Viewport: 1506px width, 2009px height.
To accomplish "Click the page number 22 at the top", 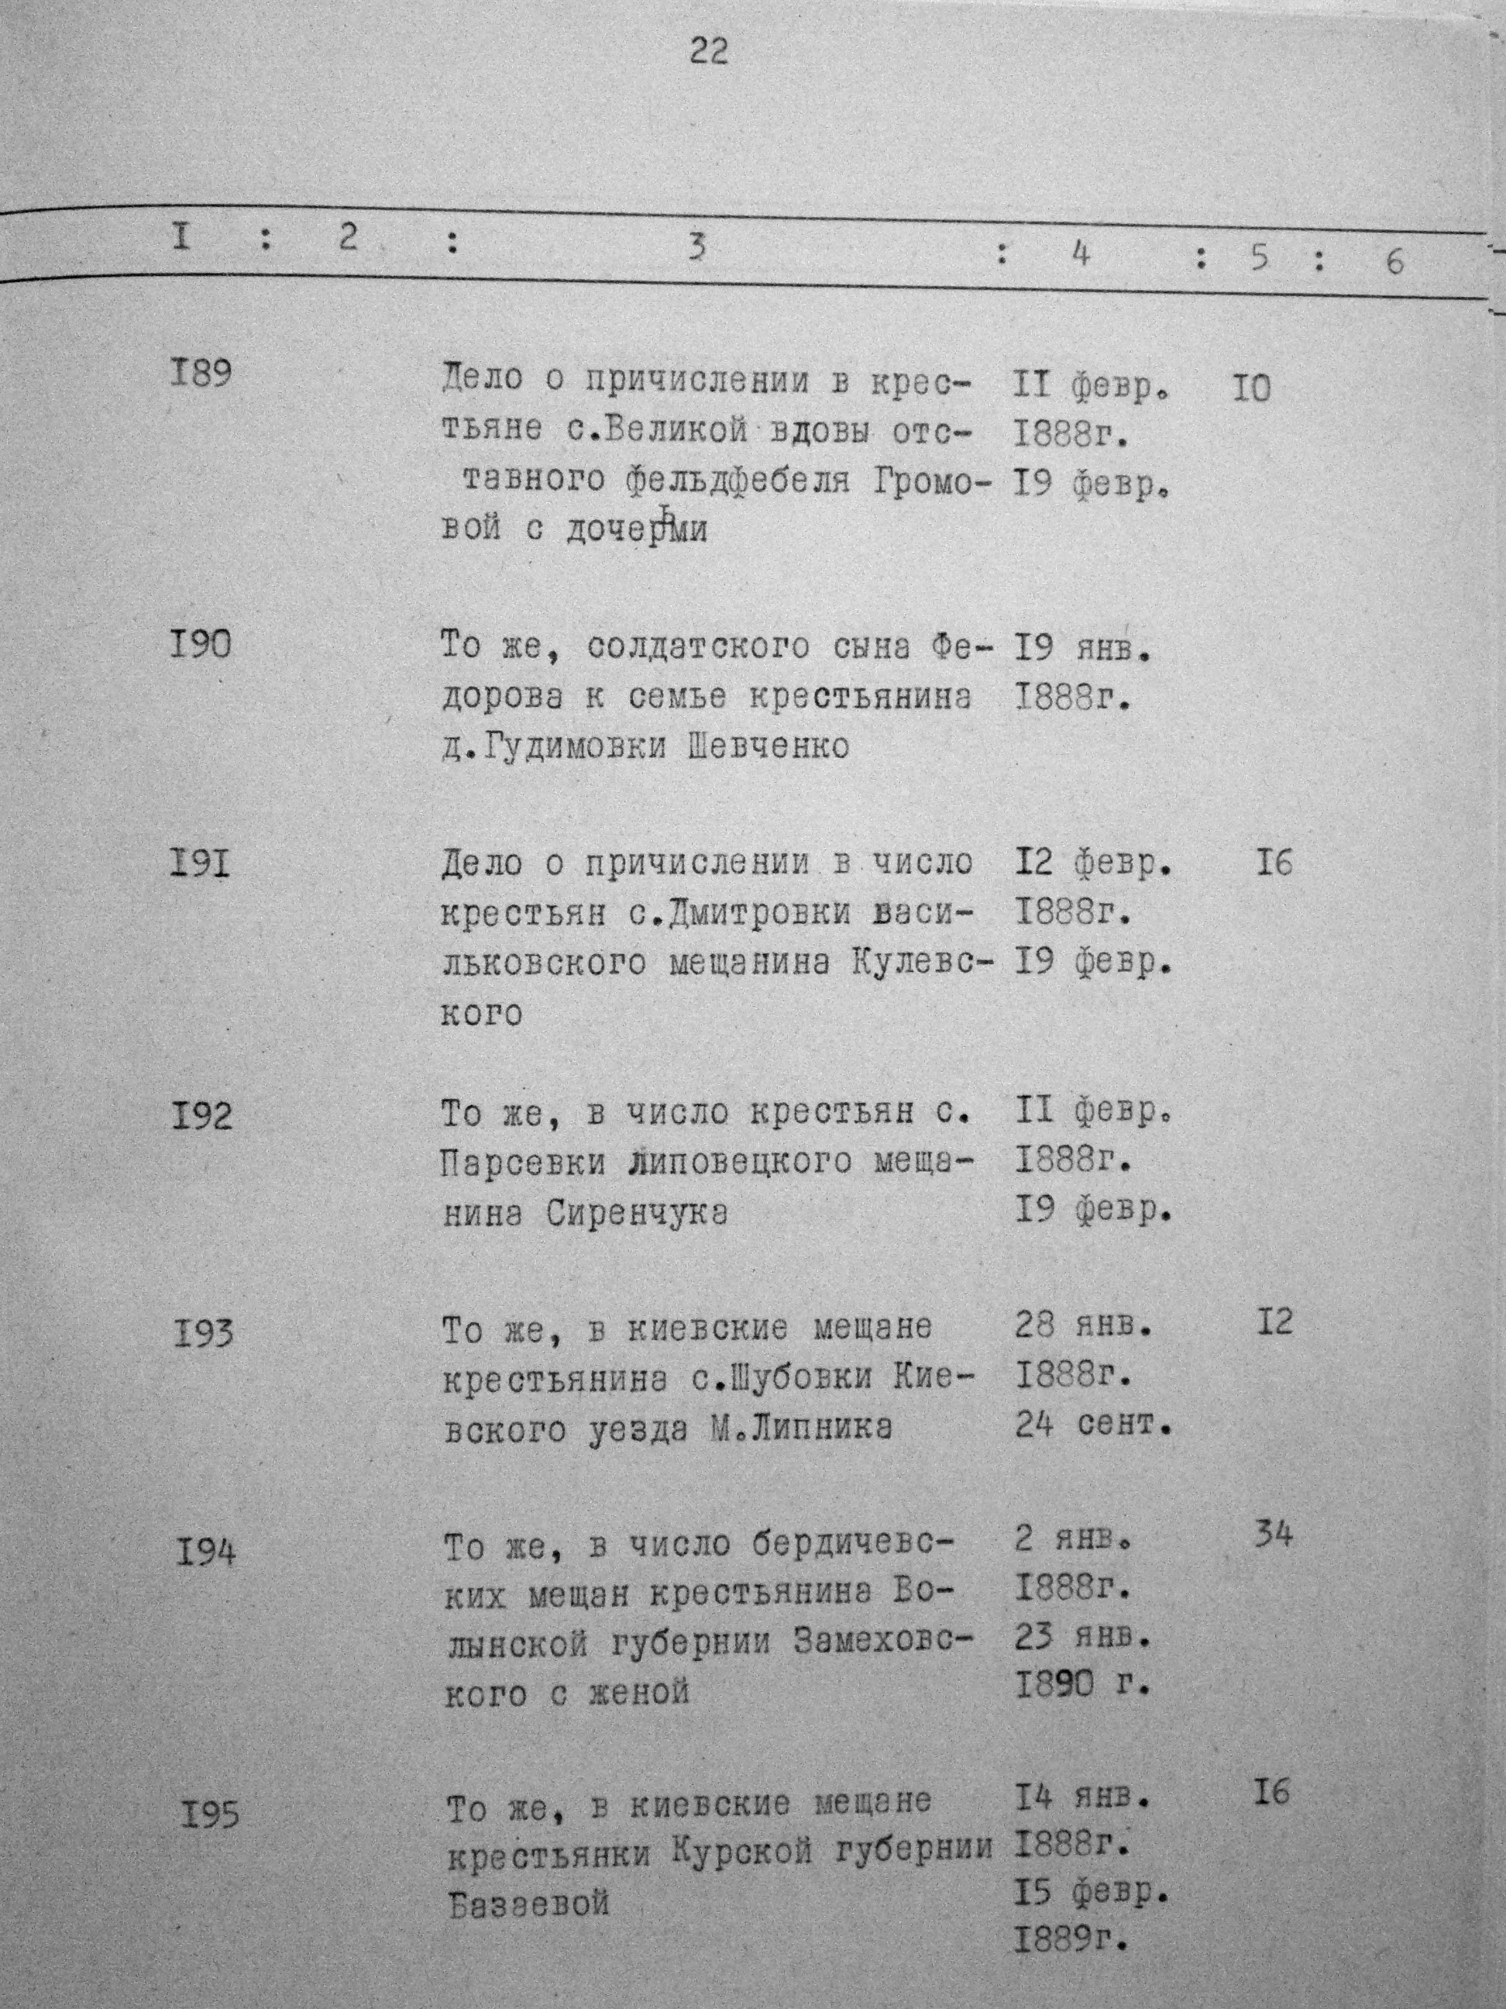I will click(x=708, y=52).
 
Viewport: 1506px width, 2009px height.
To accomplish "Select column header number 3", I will click(x=696, y=247).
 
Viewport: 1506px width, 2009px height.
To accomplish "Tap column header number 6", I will click(x=1394, y=261).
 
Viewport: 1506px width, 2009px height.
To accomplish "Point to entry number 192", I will click(x=201, y=1115).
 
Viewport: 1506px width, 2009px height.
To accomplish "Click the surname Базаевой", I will click(x=528, y=1902).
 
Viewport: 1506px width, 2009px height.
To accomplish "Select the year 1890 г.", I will click(x=1082, y=1686).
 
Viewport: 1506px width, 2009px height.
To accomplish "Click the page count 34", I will click(x=1272, y=1535).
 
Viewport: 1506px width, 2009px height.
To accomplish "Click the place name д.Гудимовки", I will click(x=555, y=746).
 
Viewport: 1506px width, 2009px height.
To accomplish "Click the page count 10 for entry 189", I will click(x=1251, y=390).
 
